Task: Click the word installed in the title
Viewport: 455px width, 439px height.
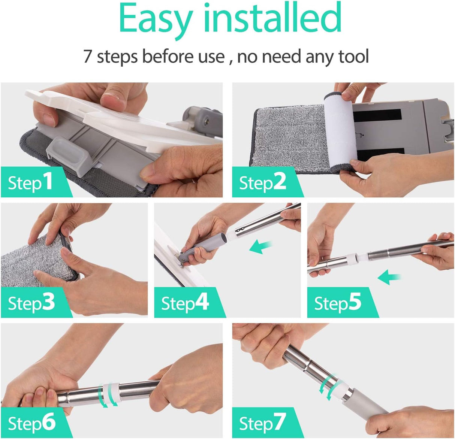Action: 272,17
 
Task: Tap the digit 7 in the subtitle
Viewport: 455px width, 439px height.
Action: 87,56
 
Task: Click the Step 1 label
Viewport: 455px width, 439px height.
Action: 30,182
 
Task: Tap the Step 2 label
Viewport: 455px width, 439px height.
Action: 262,182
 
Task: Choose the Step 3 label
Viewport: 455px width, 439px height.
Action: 31,303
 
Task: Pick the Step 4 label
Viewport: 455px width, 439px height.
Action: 185,303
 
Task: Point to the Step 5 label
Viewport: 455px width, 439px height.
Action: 338,303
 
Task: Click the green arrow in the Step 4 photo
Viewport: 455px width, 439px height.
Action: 261,247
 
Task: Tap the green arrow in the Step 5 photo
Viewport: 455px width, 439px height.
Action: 389,278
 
